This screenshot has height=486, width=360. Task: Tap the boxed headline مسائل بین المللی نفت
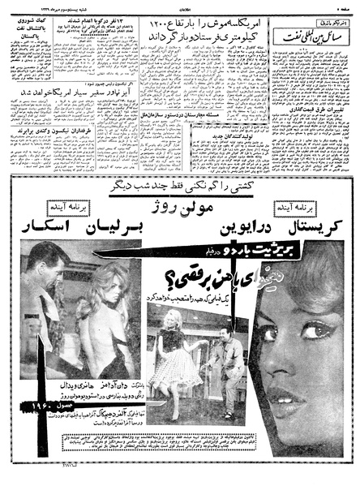307,35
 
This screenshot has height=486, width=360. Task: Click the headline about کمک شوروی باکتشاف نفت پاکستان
37,32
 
